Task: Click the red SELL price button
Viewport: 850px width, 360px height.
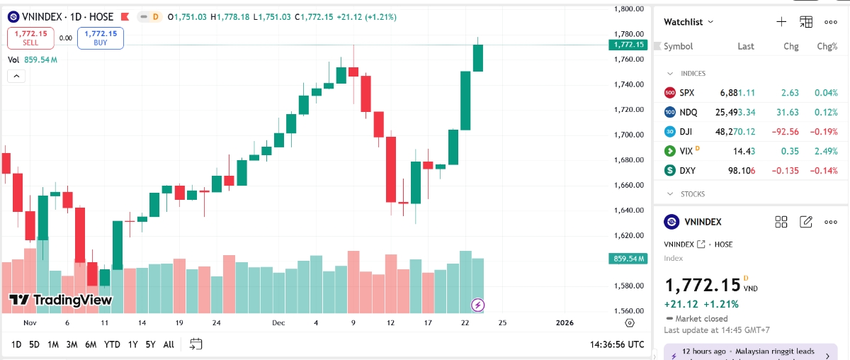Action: tap(30, 38)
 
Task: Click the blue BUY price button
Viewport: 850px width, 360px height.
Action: tap(101, 38)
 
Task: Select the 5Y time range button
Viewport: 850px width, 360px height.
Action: tap(150, 344)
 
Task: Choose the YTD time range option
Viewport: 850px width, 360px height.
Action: tap(112, 344)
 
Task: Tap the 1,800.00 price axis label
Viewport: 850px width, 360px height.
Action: tap(629, 9)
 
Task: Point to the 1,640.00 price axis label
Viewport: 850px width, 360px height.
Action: tap(629, 210)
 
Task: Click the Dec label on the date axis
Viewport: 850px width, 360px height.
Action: tap(278, 323)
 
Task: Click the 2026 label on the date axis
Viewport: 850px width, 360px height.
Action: tap(565, 323)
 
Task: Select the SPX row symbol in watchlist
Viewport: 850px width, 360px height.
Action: tap(686, 93)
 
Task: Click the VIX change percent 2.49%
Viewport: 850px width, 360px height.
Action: tap(827, 151)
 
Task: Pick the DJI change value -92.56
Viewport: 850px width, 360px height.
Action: tap(785, 132)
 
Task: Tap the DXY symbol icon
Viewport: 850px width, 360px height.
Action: tap(670, 171)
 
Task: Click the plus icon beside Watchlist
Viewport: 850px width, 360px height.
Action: tap(781, 22)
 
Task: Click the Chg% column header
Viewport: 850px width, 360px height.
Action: tap(827, 46)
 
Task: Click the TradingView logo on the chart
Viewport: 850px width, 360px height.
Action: tap(60, 300)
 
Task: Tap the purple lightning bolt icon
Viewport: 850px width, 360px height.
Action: tap(478, 305)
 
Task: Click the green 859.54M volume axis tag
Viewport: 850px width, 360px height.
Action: tap(628, 259)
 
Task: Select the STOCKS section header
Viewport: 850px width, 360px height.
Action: tap(693, 193)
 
